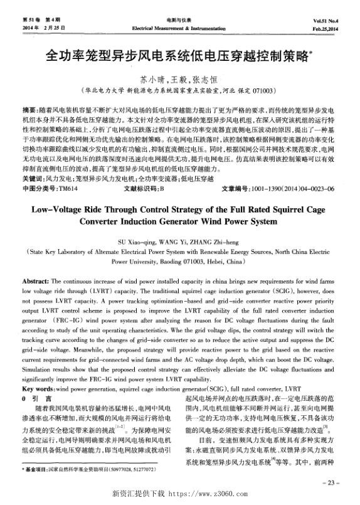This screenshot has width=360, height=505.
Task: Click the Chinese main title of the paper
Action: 178,57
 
